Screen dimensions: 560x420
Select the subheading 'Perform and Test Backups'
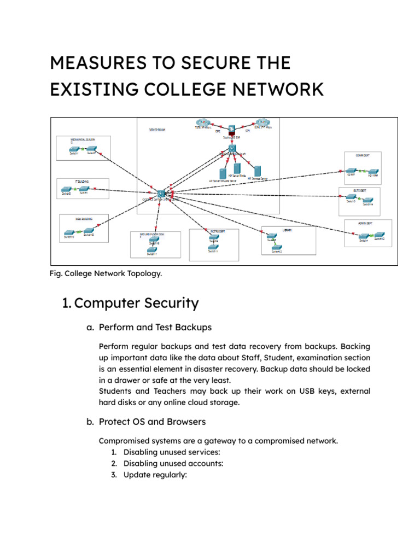click(x=155, y=328)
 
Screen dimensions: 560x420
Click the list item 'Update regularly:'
click(x=155, y=475)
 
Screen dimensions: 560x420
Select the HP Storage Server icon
click(x=258, y=171)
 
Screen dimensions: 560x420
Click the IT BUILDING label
click(x=80, y=180)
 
